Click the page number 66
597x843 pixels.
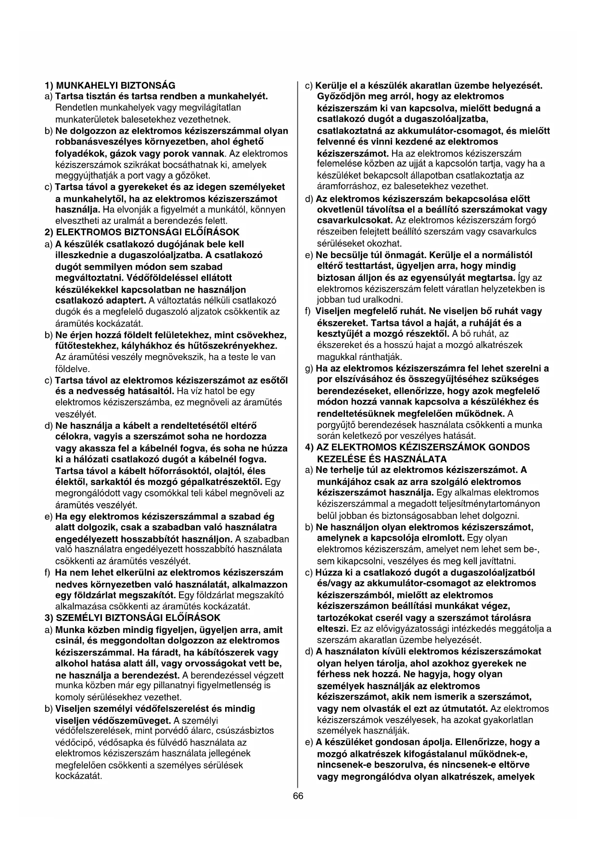click(298, 796)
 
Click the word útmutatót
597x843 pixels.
click(464, 708)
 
